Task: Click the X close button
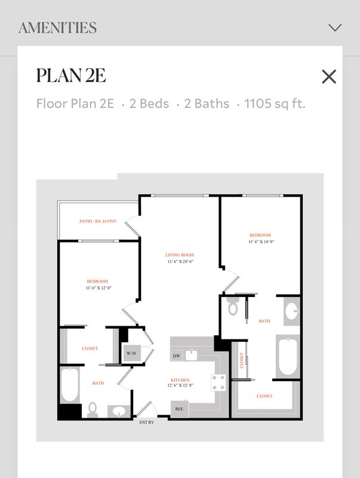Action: tap(329, 76)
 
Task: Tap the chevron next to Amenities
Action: tap(335, 27)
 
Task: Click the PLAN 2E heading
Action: tap(71, 75)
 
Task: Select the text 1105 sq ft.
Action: tap(275, 103)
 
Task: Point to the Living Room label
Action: tap(180, 255)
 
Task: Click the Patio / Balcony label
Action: tap(98, 221)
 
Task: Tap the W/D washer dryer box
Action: tap(131, 353)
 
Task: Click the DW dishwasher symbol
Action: tap(176, 356)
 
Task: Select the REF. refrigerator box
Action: tap(179, 409)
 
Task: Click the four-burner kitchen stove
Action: tap(219, 382)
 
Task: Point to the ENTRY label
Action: tap(146, 422)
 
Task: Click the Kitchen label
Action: tap(180, 380)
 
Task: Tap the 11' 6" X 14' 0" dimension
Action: tap(261, 241)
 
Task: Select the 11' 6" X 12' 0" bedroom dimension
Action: tap(99, 288)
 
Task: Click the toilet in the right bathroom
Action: tap(233, 307)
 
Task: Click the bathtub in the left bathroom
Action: tap(70, 385)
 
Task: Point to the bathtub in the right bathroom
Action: tap(288, 357)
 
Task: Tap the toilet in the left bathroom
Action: tap(93, 409)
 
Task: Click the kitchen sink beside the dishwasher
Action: tap(191, 355)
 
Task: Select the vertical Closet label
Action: tap(242, 360)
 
